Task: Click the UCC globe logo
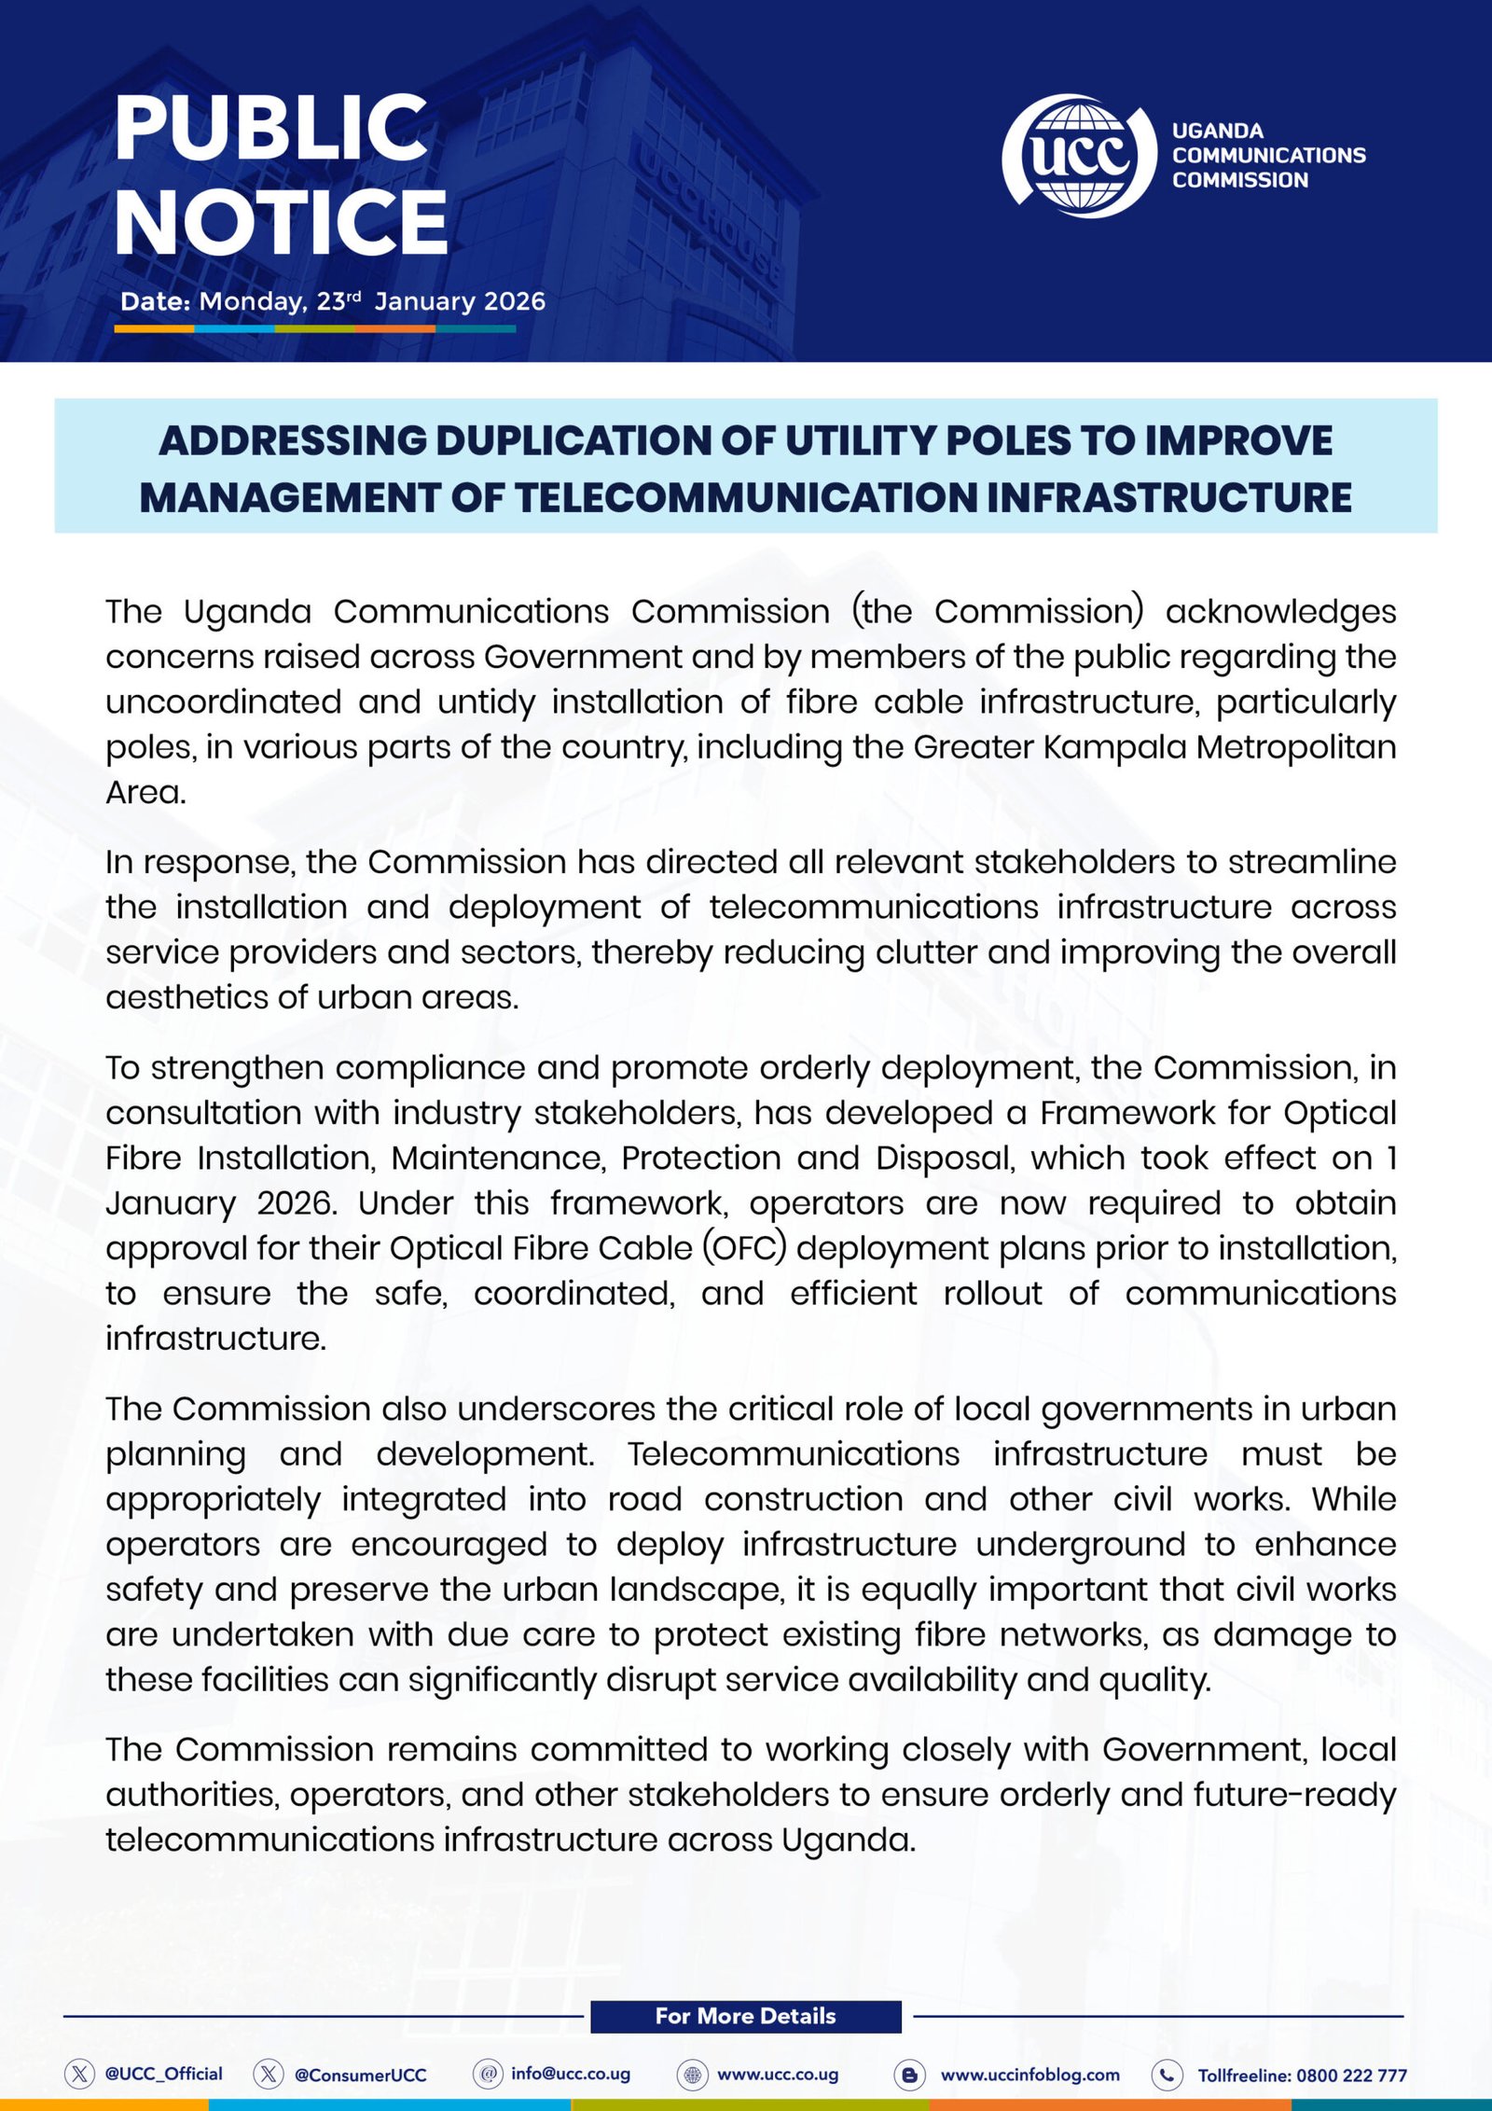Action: [1080, 156]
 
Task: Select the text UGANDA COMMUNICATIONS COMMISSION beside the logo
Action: [1268, 156]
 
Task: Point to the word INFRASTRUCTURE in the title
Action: [1168, 498]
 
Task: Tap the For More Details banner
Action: [745, 2016]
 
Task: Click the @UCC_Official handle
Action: [163, 2074]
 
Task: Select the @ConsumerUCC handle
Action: [360, 2075]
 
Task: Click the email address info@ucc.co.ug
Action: [571, 2074]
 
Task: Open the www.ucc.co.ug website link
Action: [778, 2075]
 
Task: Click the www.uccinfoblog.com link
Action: [1029, 2075]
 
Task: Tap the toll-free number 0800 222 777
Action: [1351, 2076]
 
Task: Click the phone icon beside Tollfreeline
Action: [1167, 2075]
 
